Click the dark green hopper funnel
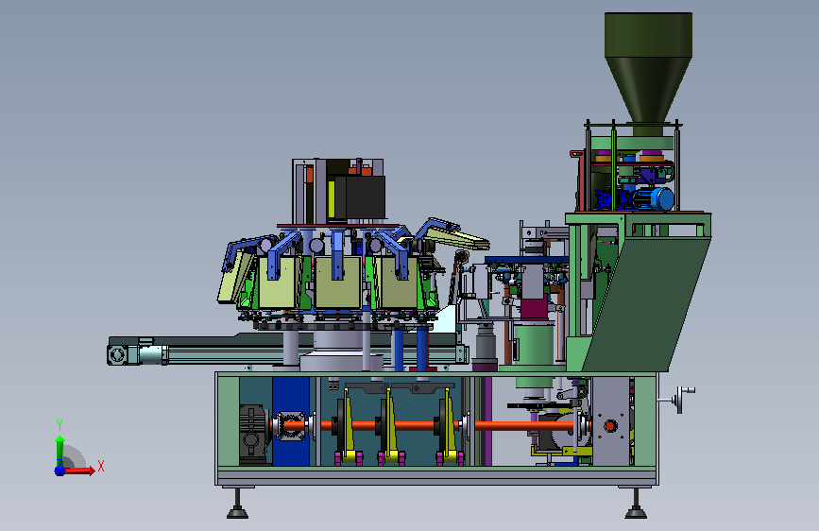click(648, 68)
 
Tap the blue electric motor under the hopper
click(654, 199)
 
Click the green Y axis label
click(60, 424)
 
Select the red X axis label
click(101, 466)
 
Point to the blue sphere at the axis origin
click(60, 471)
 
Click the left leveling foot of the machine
click(237, 504)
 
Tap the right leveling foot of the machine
click(636, 504)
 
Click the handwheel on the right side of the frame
click(680, 400)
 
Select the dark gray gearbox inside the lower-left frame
click(253, 434)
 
